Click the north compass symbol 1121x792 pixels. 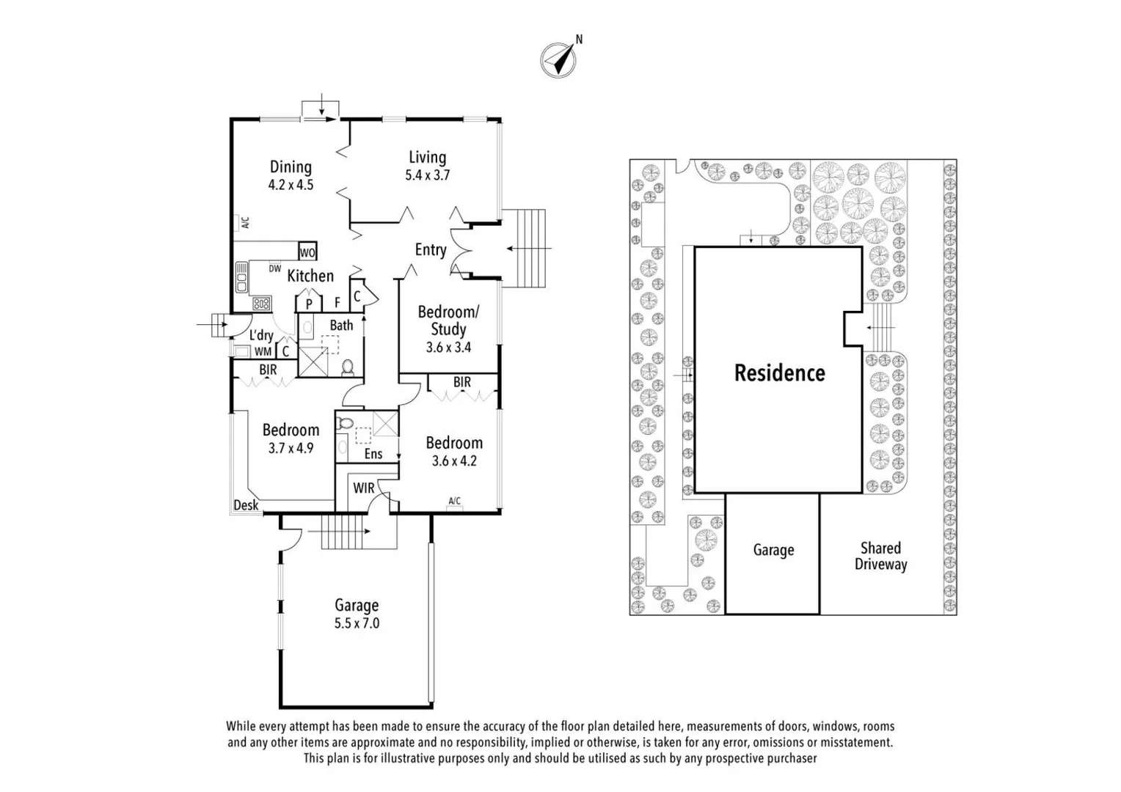(x=558, y=59)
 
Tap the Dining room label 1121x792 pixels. (x=291, y=167)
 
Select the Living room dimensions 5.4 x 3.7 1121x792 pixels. (x=427, y=175)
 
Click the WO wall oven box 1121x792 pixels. (x=307, y=252)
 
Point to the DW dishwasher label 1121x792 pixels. (x=275, y=268)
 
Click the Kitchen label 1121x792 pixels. (x=310, y=276)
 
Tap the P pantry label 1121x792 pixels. (x=309, y=303)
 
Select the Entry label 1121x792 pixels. (x=430, y=250)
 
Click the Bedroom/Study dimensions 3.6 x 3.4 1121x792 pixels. (x=448, y=348)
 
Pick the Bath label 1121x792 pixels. (x=341, y=325)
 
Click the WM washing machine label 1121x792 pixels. (x=263, y=351)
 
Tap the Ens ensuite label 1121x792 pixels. (x=373, y=454)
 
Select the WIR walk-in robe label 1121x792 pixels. (x=364, y=488)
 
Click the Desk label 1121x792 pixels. (x=246, y=505)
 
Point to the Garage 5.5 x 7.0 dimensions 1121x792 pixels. (x=357, y=623)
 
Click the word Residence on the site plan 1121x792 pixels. (x=779, y=373)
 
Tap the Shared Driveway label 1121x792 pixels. (x=880, y=556)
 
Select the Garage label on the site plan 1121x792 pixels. (x=773, y=550)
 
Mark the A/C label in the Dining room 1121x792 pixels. (x=246, y=221)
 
